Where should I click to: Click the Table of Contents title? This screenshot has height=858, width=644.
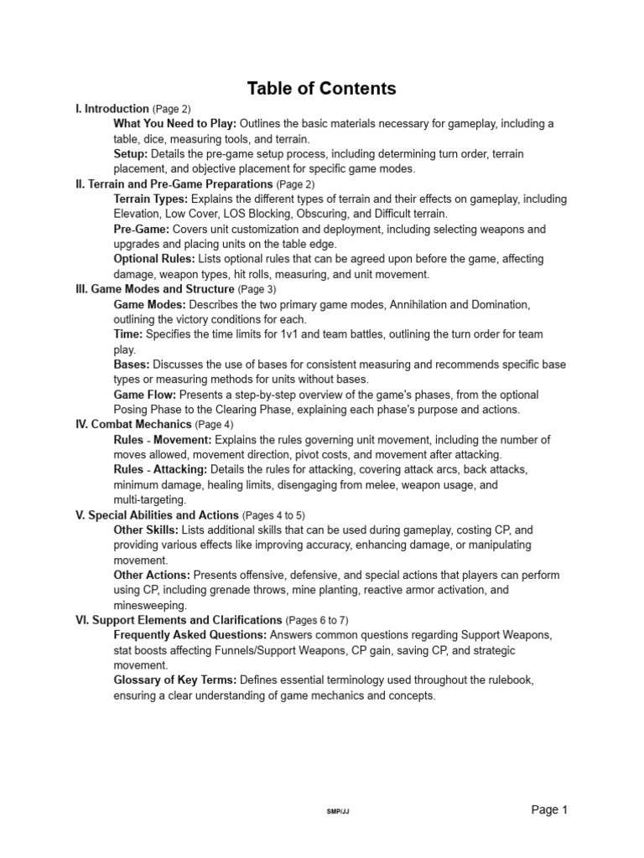(x=321, y=89)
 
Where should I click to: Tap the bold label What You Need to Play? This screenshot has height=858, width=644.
(x=175, y=124)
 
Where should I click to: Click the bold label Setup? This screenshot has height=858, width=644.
(x=131, y=154)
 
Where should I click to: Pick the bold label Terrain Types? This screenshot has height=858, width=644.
(x=152, y=199)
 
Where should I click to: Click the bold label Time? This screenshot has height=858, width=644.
(x=128, y=334)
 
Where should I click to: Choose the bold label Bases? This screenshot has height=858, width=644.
(x=132, y=364)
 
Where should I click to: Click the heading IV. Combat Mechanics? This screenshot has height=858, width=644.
(x=133, y=425)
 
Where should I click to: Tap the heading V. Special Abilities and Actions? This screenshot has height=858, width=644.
(x=157, y=514)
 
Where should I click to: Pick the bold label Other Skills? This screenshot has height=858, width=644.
(x=146, y=530)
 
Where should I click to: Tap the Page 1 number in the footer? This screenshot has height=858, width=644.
(x=550, y=809)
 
